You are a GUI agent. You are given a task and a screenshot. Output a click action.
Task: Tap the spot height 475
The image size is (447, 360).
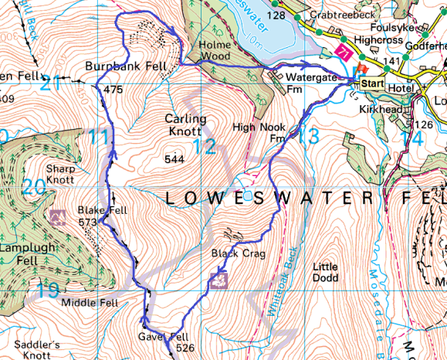113,90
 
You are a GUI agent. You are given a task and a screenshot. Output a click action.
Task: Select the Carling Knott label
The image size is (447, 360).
186,125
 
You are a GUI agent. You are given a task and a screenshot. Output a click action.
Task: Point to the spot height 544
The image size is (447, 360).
175,159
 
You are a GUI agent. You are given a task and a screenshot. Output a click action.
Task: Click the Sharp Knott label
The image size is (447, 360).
60,174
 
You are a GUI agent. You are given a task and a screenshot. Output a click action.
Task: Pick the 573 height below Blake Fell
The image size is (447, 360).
89,222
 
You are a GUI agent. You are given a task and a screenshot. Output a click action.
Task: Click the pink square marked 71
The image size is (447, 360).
343,53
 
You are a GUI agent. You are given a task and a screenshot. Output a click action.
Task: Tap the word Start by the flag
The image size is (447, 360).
375,83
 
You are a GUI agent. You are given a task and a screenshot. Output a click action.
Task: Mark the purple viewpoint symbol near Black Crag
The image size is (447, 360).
219,280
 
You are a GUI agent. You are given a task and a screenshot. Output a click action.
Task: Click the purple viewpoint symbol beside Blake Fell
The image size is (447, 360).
56,215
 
